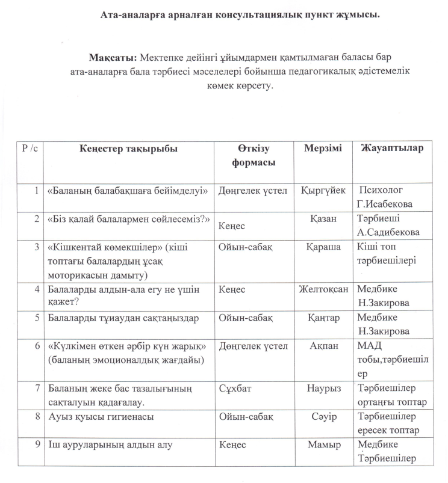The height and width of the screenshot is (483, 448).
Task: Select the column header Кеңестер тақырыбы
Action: click(x=128, y=149)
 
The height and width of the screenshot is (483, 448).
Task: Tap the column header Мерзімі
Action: click(x=323, y=148)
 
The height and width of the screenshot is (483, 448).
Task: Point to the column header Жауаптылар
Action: click(x=392, y=148)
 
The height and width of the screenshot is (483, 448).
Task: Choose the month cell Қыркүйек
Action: click(x=323, y=190)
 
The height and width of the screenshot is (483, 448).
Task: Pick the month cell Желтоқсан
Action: click(x=323, y=289)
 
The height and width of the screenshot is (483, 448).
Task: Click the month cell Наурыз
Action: click(x=323, y=389)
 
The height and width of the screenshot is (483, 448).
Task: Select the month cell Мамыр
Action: click(x=323, y=445)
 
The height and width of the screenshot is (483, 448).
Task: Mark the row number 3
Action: click(x=37, y=247)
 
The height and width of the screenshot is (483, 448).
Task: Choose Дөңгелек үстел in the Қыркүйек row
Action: click(x=254, y=190)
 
